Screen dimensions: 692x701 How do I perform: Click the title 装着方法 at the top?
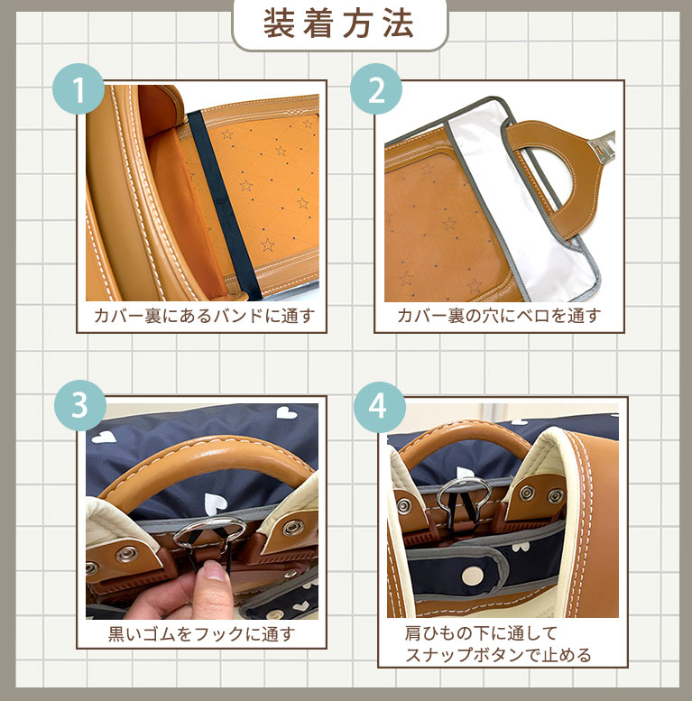tap(338, 23)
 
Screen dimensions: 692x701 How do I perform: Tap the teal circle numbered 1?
tap(78, 89)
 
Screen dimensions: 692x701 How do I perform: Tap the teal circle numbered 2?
tap(376, 89)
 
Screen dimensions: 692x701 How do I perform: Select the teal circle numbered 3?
tap(80, 405)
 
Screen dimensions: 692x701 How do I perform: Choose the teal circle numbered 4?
tap(380, 407)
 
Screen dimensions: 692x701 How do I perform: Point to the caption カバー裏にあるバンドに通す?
tap(204, 316)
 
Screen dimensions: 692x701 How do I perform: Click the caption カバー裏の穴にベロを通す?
tap(498, 316)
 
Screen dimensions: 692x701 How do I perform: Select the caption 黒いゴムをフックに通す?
tap(201, 634)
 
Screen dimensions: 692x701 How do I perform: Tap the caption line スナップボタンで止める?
tap(498, 655)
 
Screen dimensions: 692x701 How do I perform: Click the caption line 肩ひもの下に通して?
tap(481, 633)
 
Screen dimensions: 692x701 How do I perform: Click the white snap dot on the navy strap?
tap(470, 573)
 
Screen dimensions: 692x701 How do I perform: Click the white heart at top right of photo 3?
tap(286, 412)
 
